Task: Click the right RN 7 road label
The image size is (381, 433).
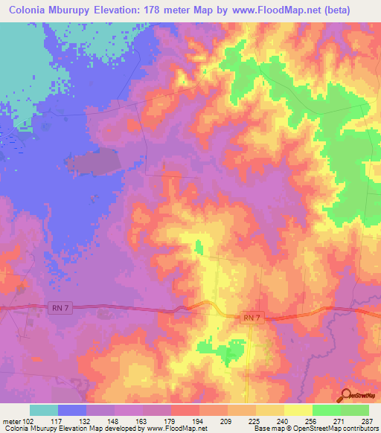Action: [252, 318]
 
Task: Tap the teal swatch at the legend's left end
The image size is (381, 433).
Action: [44, 409]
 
